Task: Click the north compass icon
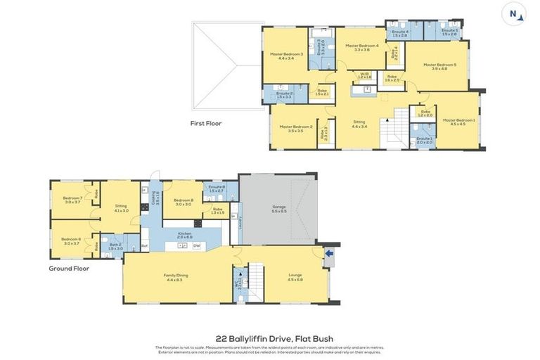(x=513, y=14)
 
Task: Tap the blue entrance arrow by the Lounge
(x=328, y=254)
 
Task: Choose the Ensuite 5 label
(x=450, y=32)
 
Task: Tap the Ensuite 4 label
(x=400, y=32)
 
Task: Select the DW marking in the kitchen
(x=196, y=245)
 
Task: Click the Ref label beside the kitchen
(x=144, y=245)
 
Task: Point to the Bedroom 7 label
(x=72, y=200)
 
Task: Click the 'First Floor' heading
(x=206, y=123)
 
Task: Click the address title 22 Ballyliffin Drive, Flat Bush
(x=270, y=337)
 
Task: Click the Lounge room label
(x=295, y=277)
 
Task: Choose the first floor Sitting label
(x=359, y=124)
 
